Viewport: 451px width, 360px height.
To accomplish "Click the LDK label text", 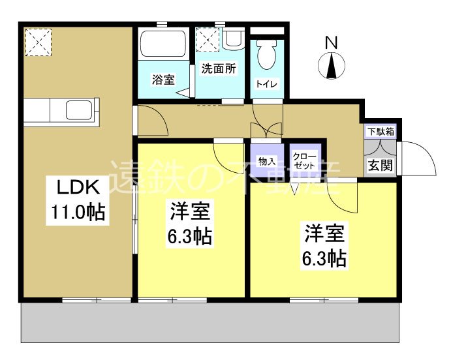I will [76, 188].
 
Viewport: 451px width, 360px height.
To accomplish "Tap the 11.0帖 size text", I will [78, 213].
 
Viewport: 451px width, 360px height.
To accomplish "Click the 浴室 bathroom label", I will [163, 80].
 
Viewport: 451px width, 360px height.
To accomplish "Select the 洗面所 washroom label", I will [219, 68].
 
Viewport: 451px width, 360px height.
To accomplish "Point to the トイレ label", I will [265, 83].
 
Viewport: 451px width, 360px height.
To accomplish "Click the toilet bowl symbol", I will [266, 56].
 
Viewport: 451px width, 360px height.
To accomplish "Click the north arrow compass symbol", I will [332, 65].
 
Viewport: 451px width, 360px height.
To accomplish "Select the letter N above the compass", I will [332, 42].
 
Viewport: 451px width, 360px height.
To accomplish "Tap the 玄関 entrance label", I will [380, 166].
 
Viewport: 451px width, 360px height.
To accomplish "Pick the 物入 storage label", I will [266, 161].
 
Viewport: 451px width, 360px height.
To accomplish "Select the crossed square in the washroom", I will [209, 39].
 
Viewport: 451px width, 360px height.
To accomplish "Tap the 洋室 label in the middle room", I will [189, 212].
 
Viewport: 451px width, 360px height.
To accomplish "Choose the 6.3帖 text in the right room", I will [323, 258].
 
